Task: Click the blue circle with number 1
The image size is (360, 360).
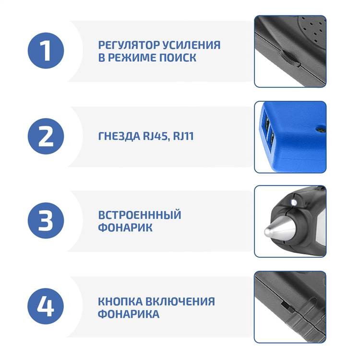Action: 46,50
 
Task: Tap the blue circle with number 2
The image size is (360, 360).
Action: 46,136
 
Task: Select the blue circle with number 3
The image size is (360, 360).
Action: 46,220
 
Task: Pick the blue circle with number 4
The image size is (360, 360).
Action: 46,306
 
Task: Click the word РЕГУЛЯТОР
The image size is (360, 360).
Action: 129,45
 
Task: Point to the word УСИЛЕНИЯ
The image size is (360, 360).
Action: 192,45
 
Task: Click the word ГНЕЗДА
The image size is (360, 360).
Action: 119,136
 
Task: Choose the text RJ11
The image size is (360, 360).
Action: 183,136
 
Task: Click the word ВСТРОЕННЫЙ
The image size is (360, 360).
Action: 140,215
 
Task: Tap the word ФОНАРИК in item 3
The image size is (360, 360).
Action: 125,228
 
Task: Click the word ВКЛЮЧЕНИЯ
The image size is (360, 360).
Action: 180,301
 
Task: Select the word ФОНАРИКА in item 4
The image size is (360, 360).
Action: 129,314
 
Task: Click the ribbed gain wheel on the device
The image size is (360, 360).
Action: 289,59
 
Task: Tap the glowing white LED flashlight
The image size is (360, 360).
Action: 294,203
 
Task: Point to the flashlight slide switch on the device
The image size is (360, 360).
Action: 288,307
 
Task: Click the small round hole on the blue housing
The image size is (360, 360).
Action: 321,130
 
